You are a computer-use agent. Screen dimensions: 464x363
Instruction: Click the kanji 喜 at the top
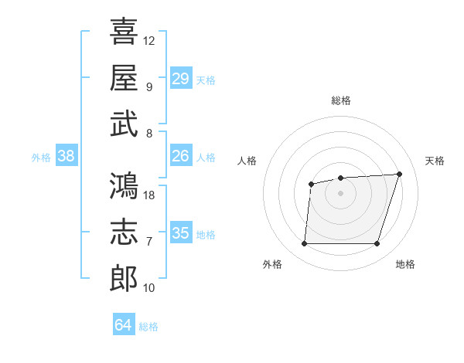124,31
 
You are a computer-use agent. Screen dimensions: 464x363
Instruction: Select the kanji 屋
124,77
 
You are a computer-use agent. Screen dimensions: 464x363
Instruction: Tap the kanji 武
124,124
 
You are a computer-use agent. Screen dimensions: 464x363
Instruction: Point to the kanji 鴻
124,185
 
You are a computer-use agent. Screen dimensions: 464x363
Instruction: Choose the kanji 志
124,232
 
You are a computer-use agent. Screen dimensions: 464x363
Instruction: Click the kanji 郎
124,279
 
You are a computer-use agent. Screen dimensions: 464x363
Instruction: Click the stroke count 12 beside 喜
148,41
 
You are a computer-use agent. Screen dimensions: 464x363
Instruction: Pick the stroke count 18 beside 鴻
148,195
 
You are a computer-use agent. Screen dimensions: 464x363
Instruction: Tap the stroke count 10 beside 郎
148,288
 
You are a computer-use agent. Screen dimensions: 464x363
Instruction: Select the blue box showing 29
181,78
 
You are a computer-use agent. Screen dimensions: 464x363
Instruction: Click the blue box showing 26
181,155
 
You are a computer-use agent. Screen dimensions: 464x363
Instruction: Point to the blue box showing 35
181,232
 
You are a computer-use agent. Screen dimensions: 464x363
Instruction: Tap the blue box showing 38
67,155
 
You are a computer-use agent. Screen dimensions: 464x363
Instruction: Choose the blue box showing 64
124,324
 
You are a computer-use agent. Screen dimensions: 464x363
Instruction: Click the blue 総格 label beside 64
148,327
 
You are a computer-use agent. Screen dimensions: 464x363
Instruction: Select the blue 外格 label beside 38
41,158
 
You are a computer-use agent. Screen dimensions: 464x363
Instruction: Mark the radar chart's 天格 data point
399,174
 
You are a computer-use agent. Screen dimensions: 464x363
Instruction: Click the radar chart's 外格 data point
304,243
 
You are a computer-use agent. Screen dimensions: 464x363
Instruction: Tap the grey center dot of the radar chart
340,193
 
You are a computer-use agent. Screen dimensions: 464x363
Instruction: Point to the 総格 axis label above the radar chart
341,100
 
